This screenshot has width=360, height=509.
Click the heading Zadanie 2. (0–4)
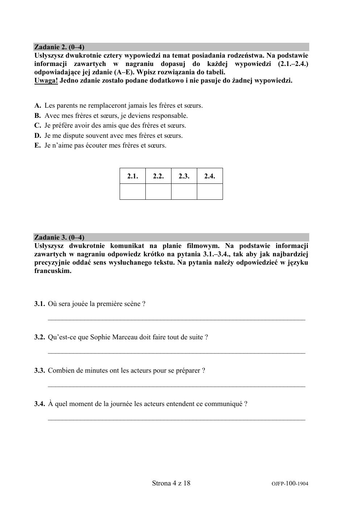click(59, 47)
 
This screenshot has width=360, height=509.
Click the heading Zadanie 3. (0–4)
click(59, 237)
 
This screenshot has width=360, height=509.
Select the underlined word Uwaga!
click(46, 80)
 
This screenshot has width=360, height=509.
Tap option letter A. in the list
click(38, 106)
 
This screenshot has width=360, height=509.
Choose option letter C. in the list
click(38, 126)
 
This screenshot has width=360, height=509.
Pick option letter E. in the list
click(38, 146)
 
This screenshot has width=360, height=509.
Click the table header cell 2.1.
click(133, 176)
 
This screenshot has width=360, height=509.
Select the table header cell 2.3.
click(184, 176)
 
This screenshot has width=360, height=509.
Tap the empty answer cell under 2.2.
click(158, 192)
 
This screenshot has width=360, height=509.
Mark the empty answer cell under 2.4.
click(210, 192)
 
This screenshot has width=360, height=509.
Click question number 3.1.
click(40, 304)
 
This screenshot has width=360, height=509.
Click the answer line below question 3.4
click(177, 419)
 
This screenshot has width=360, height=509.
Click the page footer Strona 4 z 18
click(171, 483)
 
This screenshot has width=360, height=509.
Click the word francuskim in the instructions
click(53, 271)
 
